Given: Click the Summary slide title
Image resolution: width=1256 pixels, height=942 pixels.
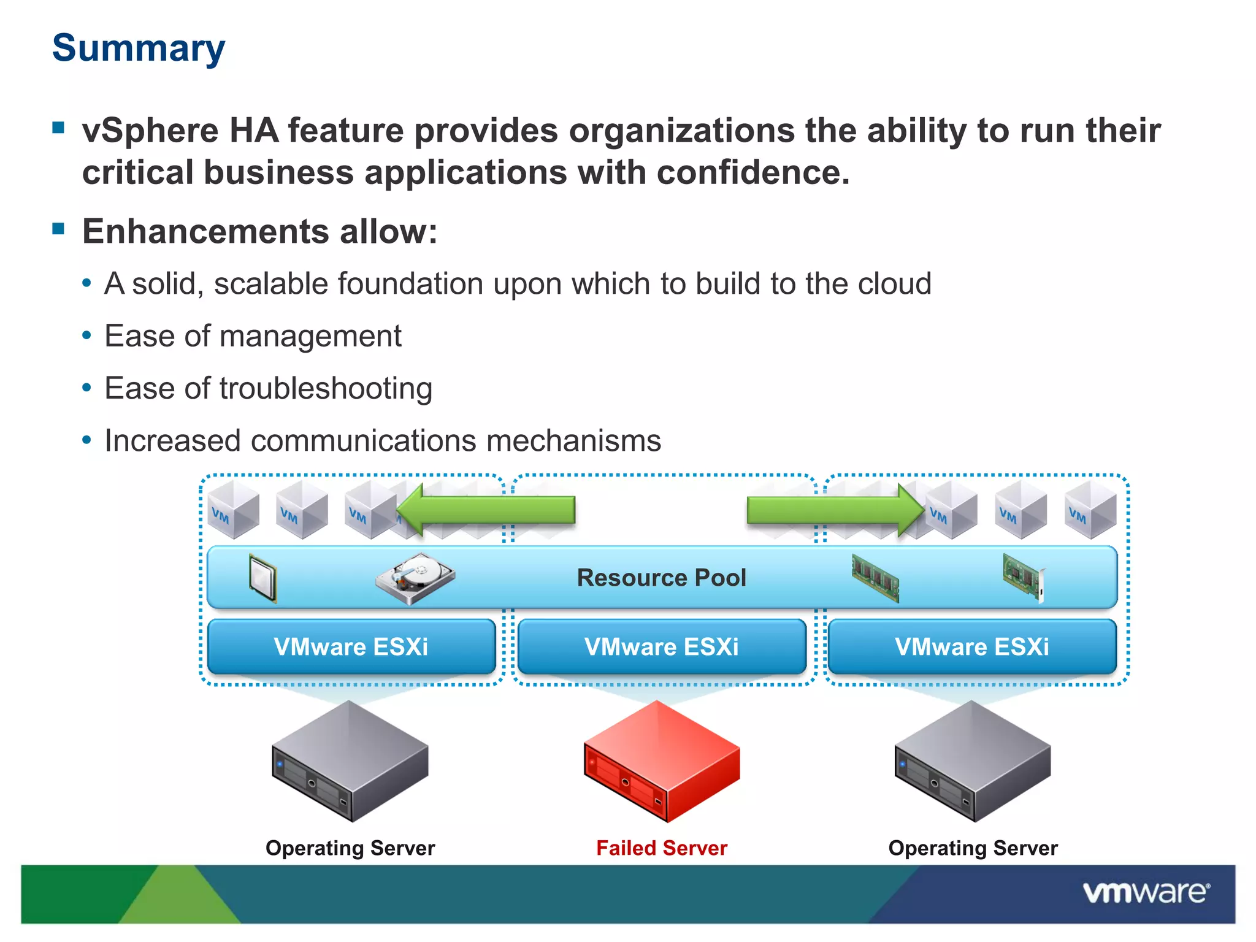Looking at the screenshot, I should coord(139,48).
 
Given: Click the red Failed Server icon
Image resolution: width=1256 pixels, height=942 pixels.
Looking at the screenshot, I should coord(662,760).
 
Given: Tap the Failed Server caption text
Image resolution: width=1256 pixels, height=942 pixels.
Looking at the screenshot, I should coord(662,848).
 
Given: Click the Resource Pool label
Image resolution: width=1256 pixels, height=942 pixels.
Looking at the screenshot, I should coord(661,578).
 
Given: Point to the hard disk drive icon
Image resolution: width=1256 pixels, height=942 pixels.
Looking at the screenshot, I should coord(415,578).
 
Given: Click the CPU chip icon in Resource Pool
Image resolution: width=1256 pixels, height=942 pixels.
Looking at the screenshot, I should coord(263,578).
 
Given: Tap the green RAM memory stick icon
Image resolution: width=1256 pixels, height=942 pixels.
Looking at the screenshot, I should coord(876,577).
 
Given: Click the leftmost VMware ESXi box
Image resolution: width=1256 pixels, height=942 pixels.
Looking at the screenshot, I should coord(351,647).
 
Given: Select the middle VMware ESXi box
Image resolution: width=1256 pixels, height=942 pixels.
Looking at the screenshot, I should coord(662,647).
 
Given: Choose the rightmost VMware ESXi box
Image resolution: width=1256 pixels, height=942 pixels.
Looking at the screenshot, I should coord(972,647).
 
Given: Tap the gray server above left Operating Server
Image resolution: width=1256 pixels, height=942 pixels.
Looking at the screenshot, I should coord(350,760).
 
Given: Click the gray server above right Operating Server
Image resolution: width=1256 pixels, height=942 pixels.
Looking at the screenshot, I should coord(973,760).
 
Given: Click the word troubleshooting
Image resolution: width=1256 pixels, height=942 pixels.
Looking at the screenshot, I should coord(326,389).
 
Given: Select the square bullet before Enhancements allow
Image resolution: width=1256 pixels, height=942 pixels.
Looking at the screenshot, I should coord(59,229).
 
